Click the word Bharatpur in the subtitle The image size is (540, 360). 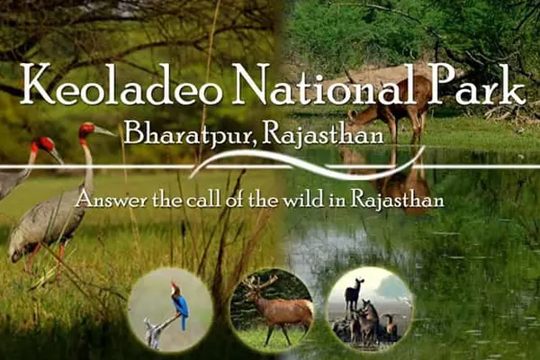pyautogui.click(x=190, y=135)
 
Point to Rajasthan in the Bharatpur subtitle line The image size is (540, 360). pyautogui.click(x=322, y=135)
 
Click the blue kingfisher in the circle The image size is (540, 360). pyautogui.click(x=180, y=304)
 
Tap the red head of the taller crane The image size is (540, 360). pyautogui.click(x=86, y=131)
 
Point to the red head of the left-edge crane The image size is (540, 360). pyautogui.click(x=42, y=144)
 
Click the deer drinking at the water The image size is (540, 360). pyautogui.click(x=386, y=107)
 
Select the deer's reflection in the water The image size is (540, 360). pyautogui.click(x=389, y=179)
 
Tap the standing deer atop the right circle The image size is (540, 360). pyautogui.click(x=354, y=294)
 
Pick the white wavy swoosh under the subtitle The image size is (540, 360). pyautogui.click(x=307, y=164)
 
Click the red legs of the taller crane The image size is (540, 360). pyautogui.click(x=45, y=262)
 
